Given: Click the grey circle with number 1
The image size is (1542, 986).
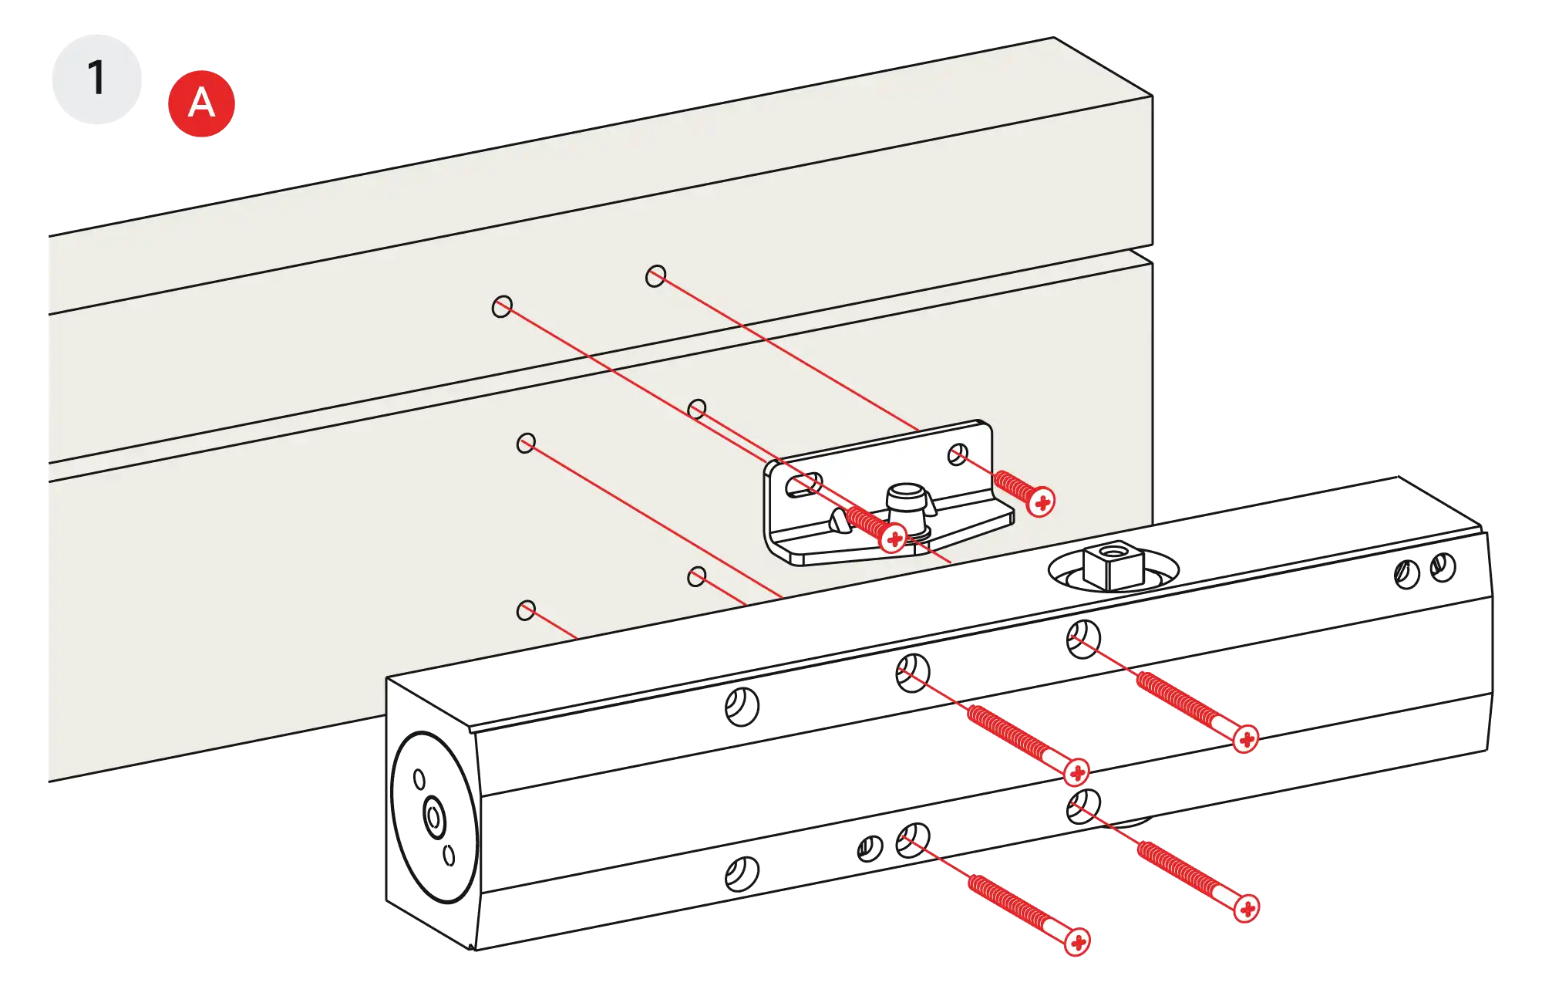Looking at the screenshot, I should [96, 79].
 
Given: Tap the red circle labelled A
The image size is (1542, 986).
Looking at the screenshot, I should [201, 103].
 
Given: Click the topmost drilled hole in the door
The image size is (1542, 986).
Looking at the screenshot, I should [656, 276].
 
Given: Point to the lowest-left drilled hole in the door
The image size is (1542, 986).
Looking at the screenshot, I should [526, 611].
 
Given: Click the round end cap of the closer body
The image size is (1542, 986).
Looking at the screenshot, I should [433, 816].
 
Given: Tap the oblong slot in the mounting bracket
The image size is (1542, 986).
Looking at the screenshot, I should [803, 485].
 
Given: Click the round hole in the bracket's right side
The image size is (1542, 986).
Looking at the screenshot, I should [957, 454].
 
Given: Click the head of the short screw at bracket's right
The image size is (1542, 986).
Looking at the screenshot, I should [1042, 503].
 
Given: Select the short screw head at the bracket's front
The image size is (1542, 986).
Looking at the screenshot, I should [894, 538].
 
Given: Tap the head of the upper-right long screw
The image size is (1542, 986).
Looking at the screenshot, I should [1246, 739].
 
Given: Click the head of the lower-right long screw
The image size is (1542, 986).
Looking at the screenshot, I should [1246, 909].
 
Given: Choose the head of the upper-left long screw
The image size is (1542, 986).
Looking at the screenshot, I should [1077, 772].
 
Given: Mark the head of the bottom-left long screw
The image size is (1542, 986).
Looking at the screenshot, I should [1079, 941].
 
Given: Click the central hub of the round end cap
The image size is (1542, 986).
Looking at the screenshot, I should [433, 815].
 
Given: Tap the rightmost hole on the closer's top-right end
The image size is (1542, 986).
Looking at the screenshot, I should [1443, 568].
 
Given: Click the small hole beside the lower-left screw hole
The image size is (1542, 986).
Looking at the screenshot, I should [870, 849].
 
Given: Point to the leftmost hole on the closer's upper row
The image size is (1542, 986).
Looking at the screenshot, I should [742, 704].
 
